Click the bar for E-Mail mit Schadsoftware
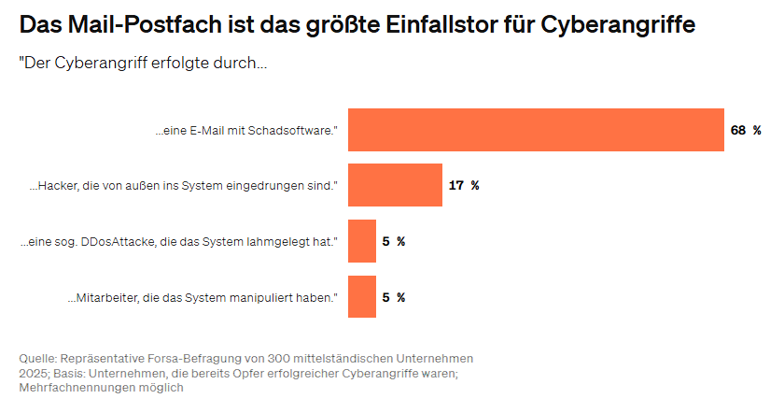[536, 130]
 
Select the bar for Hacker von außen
[395, 185]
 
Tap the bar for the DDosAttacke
[362, 241]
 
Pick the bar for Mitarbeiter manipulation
[362, 297]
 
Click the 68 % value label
[745, 130]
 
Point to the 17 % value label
[464, 185]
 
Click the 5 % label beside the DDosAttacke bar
[394, 241]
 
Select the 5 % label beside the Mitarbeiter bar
[394, 297]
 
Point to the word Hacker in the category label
[59, 186]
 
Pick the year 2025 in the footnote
[35, 374]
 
